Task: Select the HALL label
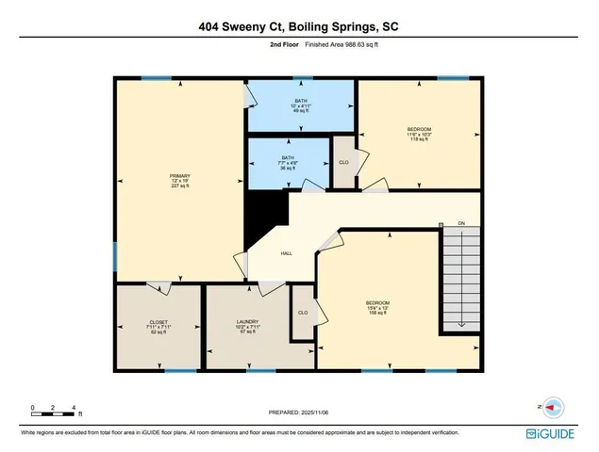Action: [286, 254]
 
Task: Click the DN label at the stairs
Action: [461, 222]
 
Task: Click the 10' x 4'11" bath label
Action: [300, 105]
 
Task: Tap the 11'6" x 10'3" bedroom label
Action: [419, 134]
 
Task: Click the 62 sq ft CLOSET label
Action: [158, 327]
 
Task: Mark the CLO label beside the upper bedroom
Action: [343, 162]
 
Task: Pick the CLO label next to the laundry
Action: [303, 313]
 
